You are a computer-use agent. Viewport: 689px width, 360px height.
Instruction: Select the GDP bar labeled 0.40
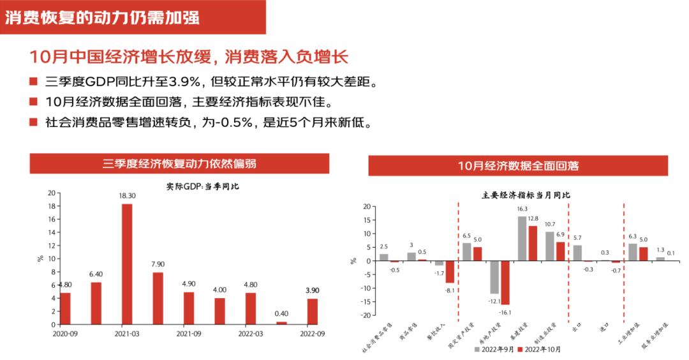pos(281,322)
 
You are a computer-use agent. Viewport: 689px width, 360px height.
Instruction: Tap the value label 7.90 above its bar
pos(158,264)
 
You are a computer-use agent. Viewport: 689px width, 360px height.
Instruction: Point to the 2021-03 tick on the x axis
pos(127,333)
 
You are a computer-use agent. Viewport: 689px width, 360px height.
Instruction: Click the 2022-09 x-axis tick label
pos(313,333)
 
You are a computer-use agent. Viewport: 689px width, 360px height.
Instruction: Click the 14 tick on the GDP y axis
pos(50,231)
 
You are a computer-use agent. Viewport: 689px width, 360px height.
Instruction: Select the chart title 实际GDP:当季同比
pos(193,186)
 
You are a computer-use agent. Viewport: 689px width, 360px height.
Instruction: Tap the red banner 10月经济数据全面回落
pos(517,166)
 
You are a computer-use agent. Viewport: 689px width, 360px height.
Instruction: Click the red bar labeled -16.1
pos(505,282)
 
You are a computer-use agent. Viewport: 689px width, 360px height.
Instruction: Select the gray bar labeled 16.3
pos(522,238)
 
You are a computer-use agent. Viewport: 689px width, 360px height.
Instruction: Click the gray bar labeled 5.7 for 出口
pos(577,253)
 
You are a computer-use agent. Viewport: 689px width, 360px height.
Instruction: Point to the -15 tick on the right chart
pos(366,301)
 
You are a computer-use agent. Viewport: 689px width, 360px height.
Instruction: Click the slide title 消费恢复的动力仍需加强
pos(102,17)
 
